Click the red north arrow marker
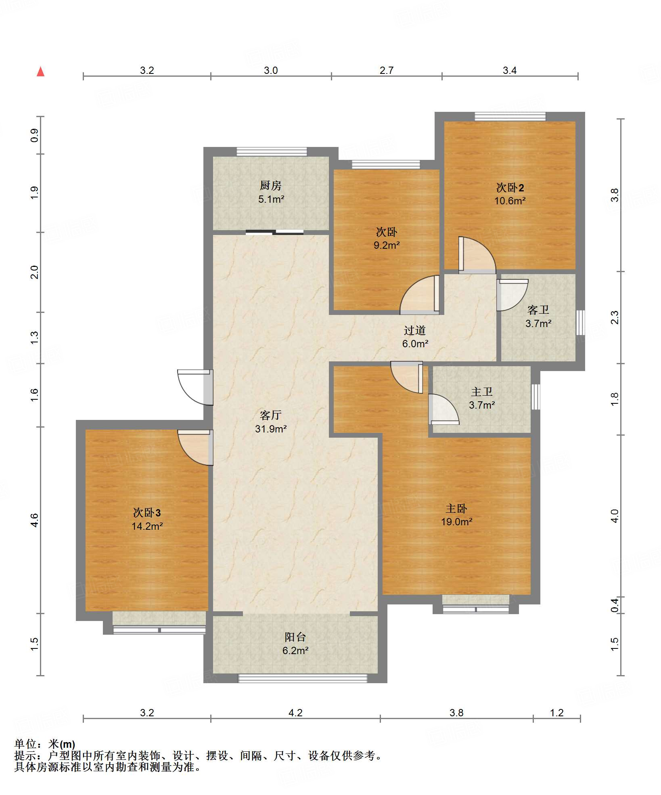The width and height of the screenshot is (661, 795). click(x=40, y=71)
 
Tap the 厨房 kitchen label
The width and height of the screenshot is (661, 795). click(x=270, y=185)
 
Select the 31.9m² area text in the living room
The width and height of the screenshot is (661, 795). click(x=271, y=429)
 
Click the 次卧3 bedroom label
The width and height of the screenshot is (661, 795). click(x=147, y=513)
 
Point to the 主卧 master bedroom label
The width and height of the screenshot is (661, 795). click(x=456, y=508)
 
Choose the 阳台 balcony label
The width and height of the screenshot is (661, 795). click(x=295, y=637)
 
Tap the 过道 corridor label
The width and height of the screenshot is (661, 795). click(x=415, y=331)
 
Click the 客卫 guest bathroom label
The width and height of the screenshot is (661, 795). click(x=538, y=310)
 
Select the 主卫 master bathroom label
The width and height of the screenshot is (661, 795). click(x=482, y=392)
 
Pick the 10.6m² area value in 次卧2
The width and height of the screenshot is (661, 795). click(x=510, y=201)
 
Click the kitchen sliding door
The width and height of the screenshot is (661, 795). click(x=274, y=232)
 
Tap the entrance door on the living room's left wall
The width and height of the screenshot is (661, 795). click(x=195, y=387)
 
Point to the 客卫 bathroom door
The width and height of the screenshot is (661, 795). click(x=512, y=295)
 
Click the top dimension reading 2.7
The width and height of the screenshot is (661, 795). click(x=386, y=71)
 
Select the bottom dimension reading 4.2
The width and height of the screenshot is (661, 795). click(x=295, y=713)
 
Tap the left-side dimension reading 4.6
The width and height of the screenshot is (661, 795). click(x=35, y=520)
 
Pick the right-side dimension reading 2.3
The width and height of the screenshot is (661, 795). click(x=614, y=317)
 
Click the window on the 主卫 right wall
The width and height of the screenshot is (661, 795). click(x=535, y=397)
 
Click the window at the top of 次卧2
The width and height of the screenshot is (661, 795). click(x=510, y=117)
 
